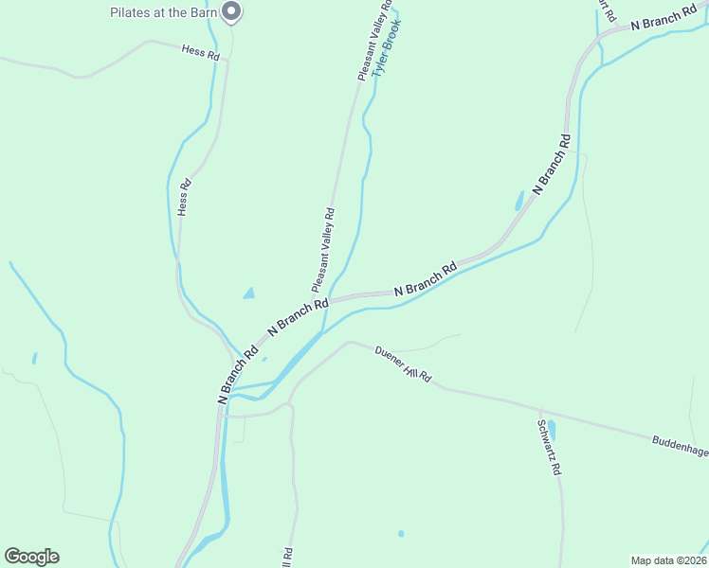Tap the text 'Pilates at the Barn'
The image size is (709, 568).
point(163,13)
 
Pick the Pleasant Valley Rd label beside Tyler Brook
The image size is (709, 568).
point(374,41)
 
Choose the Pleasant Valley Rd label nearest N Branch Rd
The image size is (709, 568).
point(323,251)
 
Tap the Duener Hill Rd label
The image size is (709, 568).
point(403,364)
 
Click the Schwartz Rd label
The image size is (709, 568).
point(550,448)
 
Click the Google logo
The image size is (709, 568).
point(31,557)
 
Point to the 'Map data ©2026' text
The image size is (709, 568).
point(667,559)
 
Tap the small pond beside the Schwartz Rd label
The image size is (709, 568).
point(552,430)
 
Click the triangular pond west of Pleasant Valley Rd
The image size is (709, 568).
point(249,293)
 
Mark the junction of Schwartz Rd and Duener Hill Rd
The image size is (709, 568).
point(539,409)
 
